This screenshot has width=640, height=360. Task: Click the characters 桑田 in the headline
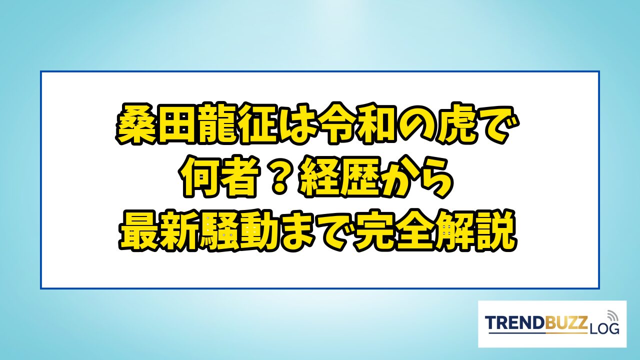coord(155,124)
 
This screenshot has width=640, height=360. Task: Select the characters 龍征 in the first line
coord(235,124)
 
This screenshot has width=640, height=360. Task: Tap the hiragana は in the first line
coord(297,125)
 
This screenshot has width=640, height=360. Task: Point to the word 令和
coord(357,124)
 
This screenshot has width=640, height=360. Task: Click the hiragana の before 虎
coord(417,125)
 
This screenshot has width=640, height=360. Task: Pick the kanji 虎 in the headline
coord(457,124)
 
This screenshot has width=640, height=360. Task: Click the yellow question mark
coord(279,177)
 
